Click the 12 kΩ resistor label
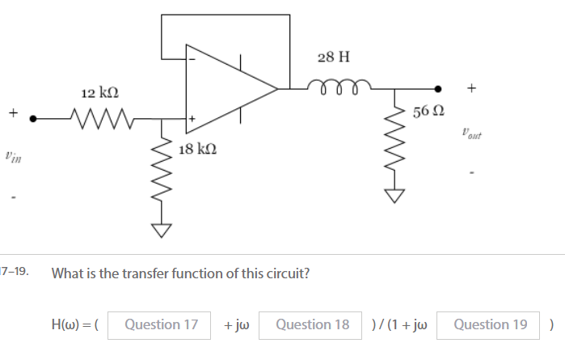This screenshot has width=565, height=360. (x=100, y=94)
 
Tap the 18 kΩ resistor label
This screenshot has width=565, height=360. (x=197, y=149)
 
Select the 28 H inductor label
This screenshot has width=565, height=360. (x=334, y=57)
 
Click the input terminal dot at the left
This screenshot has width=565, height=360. (x=33, y=118)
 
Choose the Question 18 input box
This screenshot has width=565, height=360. (x=312, y=325)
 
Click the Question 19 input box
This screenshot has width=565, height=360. (x=490, y=325)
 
